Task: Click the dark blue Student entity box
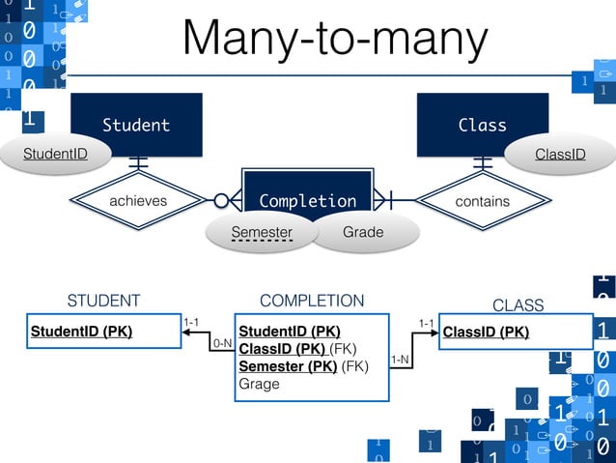pos(136,124)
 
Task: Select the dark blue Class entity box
pos(482,124)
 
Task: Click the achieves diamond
pos(137,201)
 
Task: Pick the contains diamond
pos(482,201)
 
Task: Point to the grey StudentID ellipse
pos(55,154)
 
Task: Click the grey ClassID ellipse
pos(560,154)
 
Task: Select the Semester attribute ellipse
pos(262,232)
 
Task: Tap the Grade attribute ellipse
pos(363,232)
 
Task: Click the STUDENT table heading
pos(103,301)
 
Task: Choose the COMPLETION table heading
pos(312,301)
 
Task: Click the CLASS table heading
pos(518,305)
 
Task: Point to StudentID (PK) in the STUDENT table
pos(81,332)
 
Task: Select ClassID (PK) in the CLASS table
pos(486,332)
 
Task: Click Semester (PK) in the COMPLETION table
pos(288,366)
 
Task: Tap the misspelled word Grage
pos(259,384)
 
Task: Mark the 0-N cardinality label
pos(222,343)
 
